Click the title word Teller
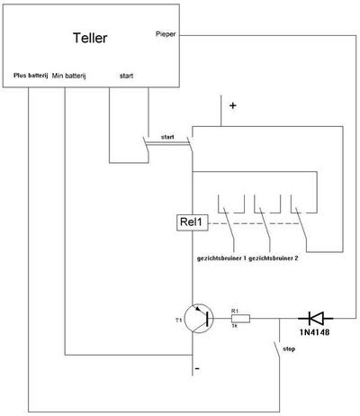click(x=90, y=38)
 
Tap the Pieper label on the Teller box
click(x=166, y=34)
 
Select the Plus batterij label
click(x=31, y=76)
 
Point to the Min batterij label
click(x=69, y=76)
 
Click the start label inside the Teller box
click(x=126, y=76)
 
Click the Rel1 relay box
click(x=193, y=222)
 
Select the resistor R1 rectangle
click(x=240, y=319)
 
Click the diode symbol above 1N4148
click(x=315, y=318)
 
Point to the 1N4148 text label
click(x=314, y=332)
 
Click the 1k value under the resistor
click(x=234, y=325)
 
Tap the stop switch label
click(x=289, y=349)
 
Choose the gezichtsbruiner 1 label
click(x=221, y=258)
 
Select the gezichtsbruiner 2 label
click(x=274, y=258)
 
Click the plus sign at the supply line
click(x=233, y=105)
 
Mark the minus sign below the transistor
click(x=197, y=368)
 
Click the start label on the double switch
click(x=167, y=137)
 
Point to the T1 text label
click(x=179, y=321)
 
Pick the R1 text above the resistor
click(x=235, y=312)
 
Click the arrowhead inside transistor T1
click(x=198, y=308)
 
